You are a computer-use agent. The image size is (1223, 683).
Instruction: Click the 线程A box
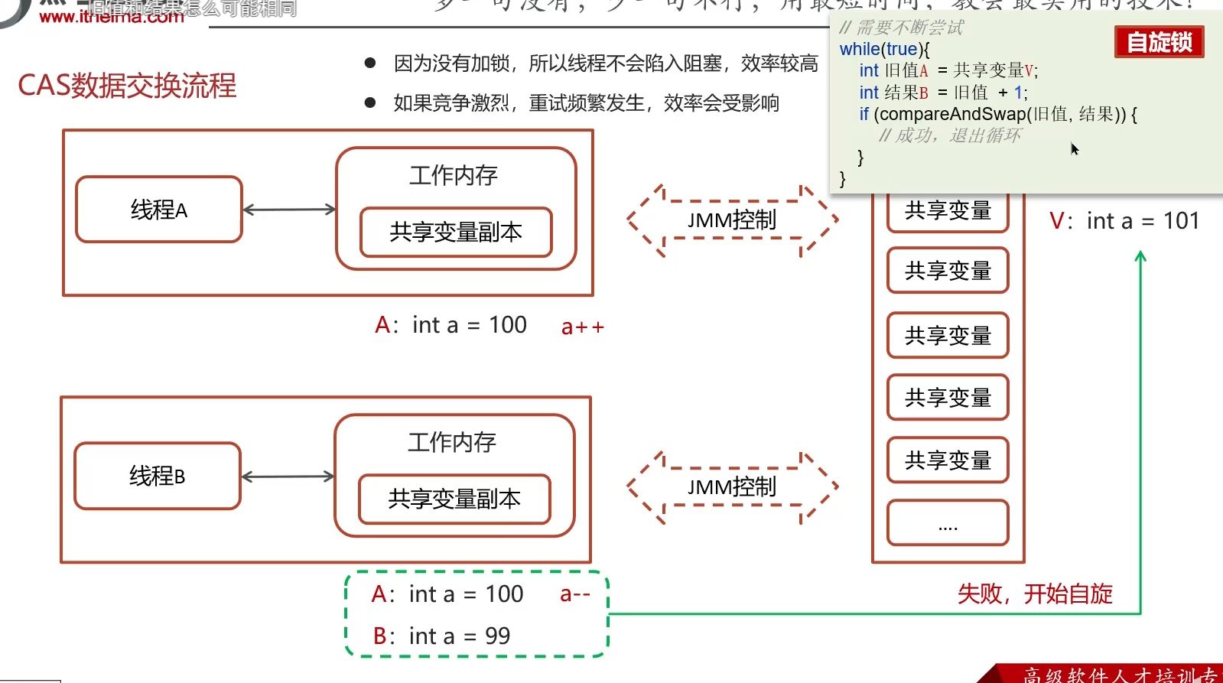[159, 210]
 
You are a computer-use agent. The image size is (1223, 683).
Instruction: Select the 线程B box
[158, 476]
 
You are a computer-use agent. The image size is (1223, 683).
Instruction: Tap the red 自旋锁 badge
[1159, 42]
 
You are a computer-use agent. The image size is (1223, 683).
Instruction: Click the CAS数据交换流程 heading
[127, 86]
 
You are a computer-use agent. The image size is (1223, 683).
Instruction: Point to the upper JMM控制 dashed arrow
[732, 220]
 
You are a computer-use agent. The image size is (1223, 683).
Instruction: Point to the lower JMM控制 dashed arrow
[732, 487]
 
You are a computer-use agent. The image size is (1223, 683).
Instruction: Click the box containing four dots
[948, 523]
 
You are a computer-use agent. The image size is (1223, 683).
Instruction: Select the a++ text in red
[582, 327]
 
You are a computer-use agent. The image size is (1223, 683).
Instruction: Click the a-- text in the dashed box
[574, 594]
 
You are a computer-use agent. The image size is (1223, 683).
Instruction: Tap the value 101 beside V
[1181, 221]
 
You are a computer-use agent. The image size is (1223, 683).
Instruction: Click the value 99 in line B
[497, 636]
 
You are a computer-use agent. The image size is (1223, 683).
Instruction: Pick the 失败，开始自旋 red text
[1035, 594]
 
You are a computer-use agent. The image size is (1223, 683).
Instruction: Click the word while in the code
[860, 49]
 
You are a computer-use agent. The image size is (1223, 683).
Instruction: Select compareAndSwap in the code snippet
[952, 114]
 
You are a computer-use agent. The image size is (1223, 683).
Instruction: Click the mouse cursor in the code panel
[1074, 148]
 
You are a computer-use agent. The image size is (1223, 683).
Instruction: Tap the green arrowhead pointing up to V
[1140, 256]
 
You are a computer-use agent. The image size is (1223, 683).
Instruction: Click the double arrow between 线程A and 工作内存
[289, 210]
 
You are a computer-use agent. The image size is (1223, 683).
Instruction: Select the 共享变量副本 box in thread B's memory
[454, 499]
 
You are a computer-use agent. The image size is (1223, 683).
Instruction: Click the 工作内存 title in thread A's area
[454, 175]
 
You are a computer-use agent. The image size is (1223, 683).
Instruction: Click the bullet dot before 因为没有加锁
[370, 63]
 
